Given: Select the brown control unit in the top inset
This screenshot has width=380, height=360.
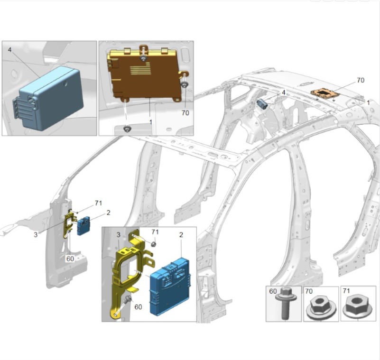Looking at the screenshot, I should tap(145, 74).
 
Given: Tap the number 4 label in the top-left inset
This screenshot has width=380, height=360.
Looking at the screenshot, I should tap(9, 49).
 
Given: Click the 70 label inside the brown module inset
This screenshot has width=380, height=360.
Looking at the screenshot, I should tap(185, 113).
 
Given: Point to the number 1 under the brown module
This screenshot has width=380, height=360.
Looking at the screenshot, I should tap(151, 122).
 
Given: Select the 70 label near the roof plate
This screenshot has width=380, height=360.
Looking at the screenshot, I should tap(361, 80).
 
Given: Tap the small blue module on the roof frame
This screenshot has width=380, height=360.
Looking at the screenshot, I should tap(263, 104).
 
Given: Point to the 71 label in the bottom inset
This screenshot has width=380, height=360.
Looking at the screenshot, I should tap(155, 231).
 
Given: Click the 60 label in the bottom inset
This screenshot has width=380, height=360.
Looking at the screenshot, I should tap(138, 307).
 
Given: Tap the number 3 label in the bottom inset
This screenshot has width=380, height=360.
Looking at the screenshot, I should tap(118, 235).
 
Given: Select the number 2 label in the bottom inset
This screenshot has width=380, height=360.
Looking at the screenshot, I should tap(181, 235).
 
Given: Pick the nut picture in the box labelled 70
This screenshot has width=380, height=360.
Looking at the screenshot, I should tap(321, 307).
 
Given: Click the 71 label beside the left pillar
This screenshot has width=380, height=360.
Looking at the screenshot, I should tap(98, 203).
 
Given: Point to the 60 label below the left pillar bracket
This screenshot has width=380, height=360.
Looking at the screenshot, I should tap(70, 258).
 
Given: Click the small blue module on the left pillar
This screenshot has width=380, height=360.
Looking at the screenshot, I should tap(84, 225).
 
